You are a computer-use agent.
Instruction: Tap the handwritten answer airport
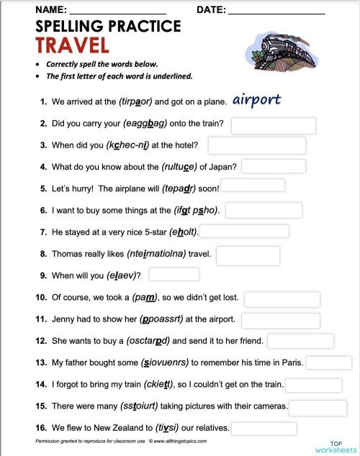pyautogui.click(x=256, y=100)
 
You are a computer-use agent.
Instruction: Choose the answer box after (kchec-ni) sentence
pyautogui.click(x=256, y=146)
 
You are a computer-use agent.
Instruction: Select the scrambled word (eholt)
pyautogui.click(x=183, y=232)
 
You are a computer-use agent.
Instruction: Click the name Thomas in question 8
pyautogui.click(x=67, y=254)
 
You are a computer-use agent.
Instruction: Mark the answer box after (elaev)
pyautogui.click(x=174, y=274)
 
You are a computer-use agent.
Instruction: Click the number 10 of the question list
pyautogui.click(x=41, y=297)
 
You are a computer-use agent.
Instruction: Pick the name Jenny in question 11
pyautogui.click(x=63, y=318)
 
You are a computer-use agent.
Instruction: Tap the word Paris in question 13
pyautogui.click(x=292, y=362)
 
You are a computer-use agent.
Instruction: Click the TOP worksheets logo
pyautogui.click(x=336, y=445)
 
